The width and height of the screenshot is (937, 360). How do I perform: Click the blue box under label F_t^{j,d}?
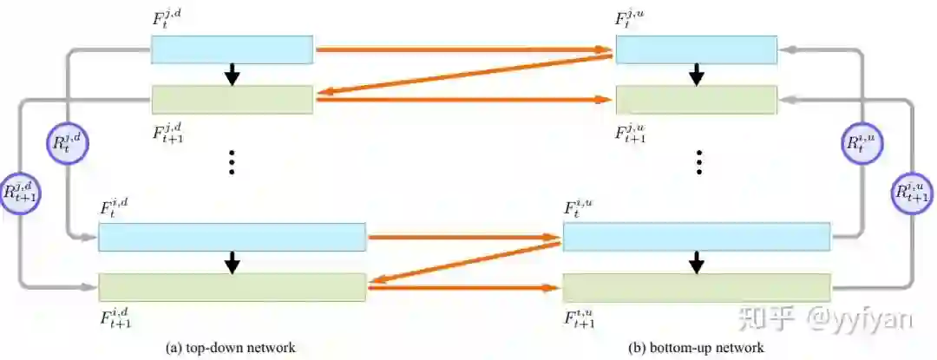[232, 49]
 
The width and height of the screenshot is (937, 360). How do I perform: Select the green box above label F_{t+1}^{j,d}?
[232, 100]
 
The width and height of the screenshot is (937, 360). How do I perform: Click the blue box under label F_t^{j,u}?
[696, 49]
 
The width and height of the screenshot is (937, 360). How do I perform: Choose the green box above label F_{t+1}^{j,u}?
[696, 100]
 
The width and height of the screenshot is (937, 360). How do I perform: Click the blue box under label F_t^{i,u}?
[696, 237]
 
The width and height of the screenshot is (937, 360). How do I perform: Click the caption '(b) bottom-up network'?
[697, 347]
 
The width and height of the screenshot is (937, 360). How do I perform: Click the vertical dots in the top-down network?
[232, 162]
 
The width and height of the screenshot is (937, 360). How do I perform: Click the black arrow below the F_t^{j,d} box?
[232, 75]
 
